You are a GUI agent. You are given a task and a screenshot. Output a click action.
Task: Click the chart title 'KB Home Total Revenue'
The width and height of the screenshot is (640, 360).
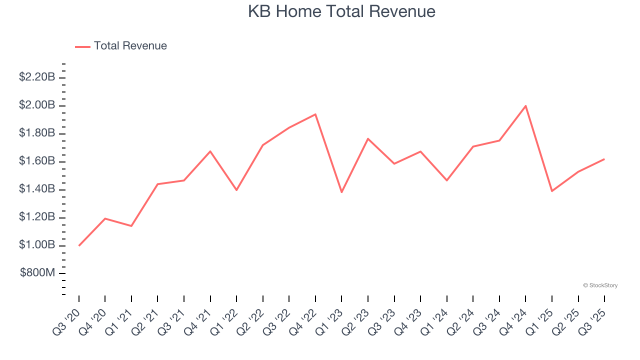(341, 11)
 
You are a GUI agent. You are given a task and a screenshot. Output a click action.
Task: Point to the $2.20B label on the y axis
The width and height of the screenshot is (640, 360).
(37, 77)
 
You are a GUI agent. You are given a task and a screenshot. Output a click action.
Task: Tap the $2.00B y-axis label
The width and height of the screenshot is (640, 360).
(37, 105)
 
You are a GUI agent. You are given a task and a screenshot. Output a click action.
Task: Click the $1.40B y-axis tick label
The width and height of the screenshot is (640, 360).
(37, 189)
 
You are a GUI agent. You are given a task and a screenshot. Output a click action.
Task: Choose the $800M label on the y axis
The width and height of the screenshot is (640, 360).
(37, 273)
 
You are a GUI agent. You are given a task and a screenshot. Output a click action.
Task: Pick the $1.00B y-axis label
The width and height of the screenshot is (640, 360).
(37, 245)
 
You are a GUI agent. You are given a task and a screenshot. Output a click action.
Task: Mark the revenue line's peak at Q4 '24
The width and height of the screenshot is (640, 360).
(525, 105)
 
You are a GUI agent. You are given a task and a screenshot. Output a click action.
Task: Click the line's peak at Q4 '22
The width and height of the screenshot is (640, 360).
(315, 114)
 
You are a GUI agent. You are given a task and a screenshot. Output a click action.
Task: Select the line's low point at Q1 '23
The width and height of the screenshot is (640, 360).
(341, 192)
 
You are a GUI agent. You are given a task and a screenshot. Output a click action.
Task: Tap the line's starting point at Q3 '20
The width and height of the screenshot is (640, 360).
(79, 245)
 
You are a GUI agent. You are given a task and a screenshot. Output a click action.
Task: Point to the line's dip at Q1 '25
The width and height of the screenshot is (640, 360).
(552, 191)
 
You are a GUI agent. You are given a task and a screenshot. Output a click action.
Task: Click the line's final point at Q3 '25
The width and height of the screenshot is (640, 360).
(604, 159)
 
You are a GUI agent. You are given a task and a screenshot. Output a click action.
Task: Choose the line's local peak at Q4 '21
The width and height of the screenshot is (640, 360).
(210, 151)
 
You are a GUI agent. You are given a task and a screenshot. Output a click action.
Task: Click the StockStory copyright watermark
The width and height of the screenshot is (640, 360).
(600, 285)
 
